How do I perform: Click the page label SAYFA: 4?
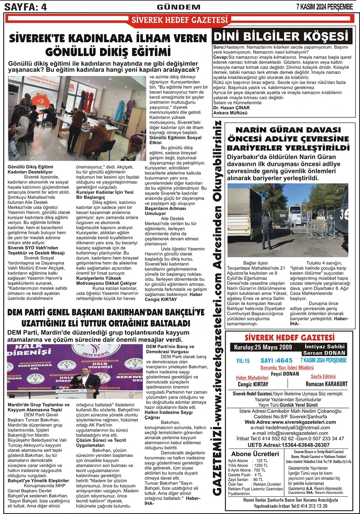(x=25, y=6)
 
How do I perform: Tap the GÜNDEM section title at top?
(x=179, y=6)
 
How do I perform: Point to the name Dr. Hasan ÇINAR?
(x=231, y=108)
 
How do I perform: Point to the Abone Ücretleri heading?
(x=255, y=454)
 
